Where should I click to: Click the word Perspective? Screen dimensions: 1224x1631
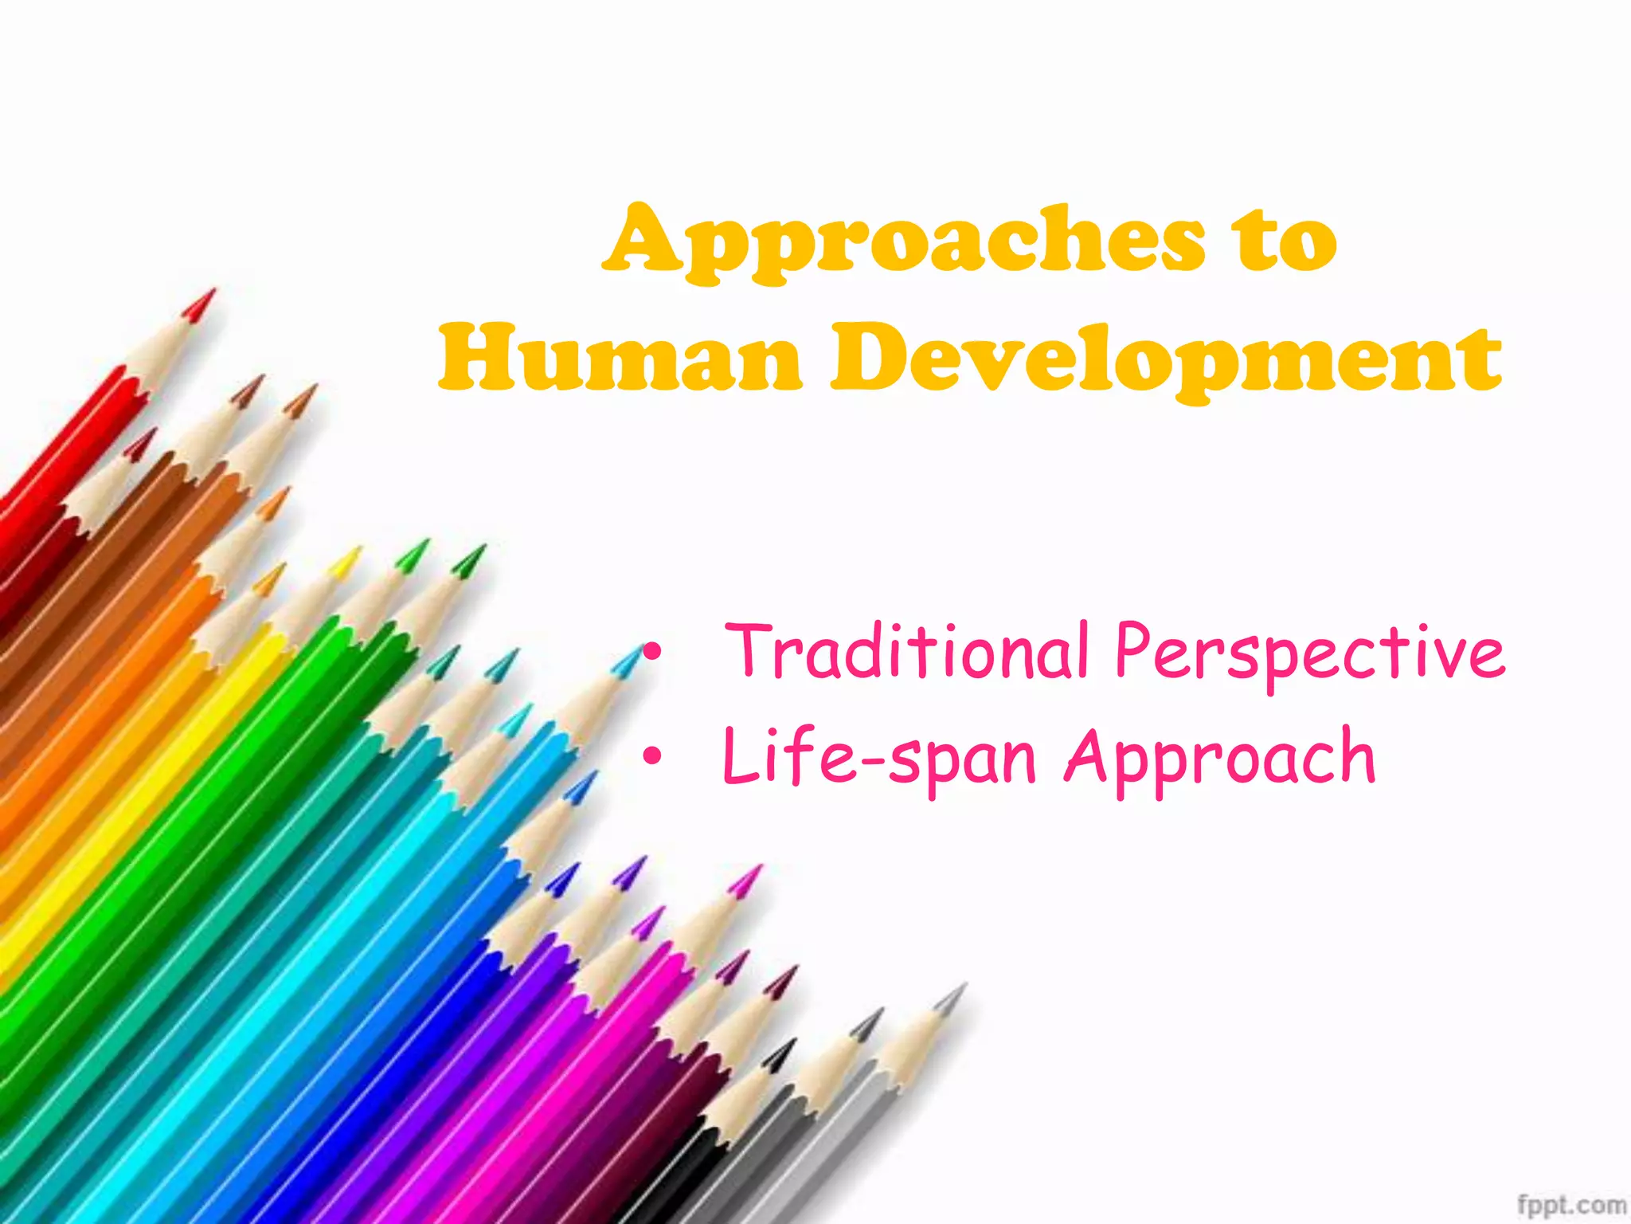click(1310, 652)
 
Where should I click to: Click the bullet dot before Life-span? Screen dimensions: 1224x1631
click(652, 756)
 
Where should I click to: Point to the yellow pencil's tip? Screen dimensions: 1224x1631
click(354, 554)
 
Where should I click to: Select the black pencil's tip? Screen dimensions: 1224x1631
click(788, 1046)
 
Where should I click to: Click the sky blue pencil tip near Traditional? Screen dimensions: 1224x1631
click(633, 657)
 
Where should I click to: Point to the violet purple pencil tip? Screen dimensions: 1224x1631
click(637, 864)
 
